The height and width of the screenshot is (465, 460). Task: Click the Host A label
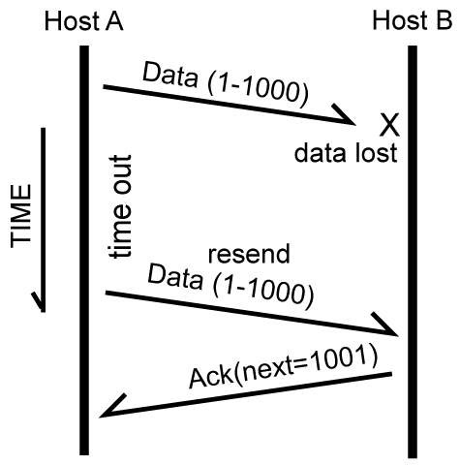tap(84, 21)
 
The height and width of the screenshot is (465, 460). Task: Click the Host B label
tap(413, 20)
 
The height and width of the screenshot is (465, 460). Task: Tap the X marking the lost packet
tap(389, 125)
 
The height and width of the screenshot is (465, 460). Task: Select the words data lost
tap(346, 153)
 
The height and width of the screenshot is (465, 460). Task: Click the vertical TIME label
tap(21, 216)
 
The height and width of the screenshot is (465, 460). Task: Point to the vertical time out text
tap(119, 206)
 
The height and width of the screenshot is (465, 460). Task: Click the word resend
tap(249, 254)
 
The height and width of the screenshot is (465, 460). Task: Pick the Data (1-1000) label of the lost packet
tap(226, 83)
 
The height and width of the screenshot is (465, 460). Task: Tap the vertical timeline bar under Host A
tap(84, 250)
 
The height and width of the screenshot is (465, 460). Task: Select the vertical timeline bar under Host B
tap(413, 252)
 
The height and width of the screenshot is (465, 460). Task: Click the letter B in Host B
tap(444, 20)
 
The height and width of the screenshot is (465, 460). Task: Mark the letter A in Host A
tap(114, 21)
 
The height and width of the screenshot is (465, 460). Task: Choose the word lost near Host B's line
tap(376, 153)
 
